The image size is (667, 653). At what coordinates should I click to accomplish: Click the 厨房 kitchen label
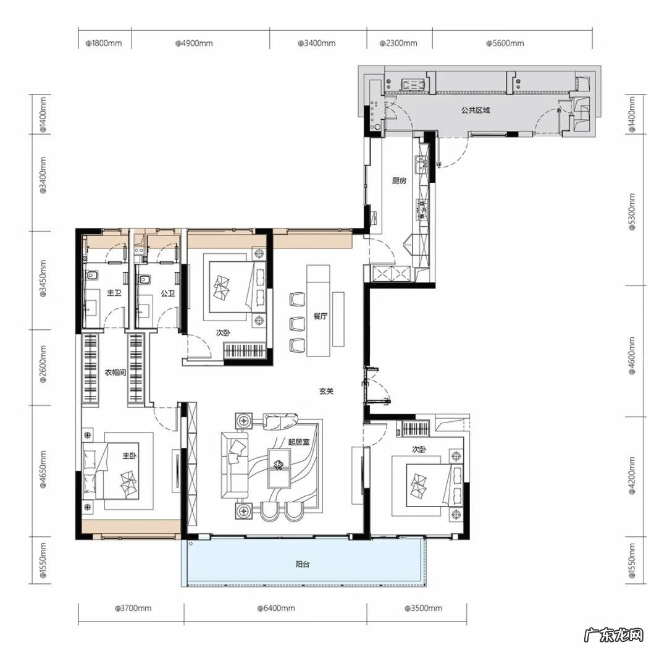[x=399, y=181]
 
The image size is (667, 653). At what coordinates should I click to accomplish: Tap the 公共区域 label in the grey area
[x=476, y=110]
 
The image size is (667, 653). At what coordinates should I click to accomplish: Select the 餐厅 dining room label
[x=321, y=316]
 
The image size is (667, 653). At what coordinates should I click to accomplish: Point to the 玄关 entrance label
[x=326, y=391]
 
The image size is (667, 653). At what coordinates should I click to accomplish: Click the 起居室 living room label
[x=299, y=442]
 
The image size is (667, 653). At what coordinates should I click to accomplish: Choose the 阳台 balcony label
[x=303, y=565]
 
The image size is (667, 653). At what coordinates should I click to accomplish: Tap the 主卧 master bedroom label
[x=129, y=456]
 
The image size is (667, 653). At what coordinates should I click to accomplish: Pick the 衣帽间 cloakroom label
[x=115, y=373]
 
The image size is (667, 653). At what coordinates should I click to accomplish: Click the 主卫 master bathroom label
[x=114, y=293]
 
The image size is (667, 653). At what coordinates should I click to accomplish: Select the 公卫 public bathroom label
[x=167, y=293]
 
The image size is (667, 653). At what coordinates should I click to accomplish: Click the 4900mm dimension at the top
[x=195, y=43]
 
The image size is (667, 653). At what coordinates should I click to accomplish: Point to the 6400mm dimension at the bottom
[x=276, y=609]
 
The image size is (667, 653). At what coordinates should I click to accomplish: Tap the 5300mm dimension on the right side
[x=632, y=211]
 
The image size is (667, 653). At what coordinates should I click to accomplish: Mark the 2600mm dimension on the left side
[x=43, y=364]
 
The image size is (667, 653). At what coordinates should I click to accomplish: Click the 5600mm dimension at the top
[x=505, y=43]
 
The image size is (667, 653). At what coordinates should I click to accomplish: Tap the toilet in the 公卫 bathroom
[x=144, y=279]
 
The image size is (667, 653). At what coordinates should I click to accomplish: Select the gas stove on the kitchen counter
[x=422, y=209]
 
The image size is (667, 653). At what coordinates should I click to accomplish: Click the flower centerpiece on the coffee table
[x=279, y=465]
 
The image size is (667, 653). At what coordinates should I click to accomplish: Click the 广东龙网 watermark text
[x=613, y=635]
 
